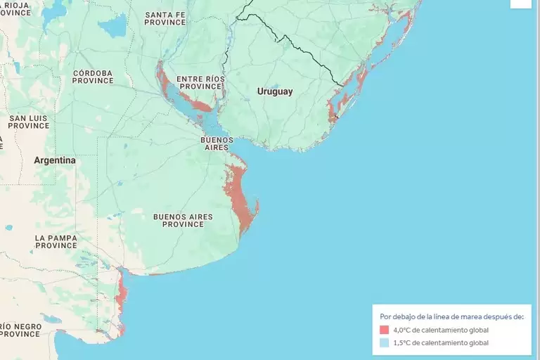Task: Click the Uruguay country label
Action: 275,91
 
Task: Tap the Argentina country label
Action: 54,160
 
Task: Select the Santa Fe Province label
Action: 165,18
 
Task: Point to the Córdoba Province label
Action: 92,77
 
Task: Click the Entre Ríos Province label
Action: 199,82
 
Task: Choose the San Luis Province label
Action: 29,122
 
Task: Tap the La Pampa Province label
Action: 56,242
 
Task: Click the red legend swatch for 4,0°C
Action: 384,330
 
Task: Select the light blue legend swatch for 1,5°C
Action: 384,342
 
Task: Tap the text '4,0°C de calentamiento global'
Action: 441,330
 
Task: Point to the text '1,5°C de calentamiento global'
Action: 441,342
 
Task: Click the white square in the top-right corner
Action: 521,4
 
